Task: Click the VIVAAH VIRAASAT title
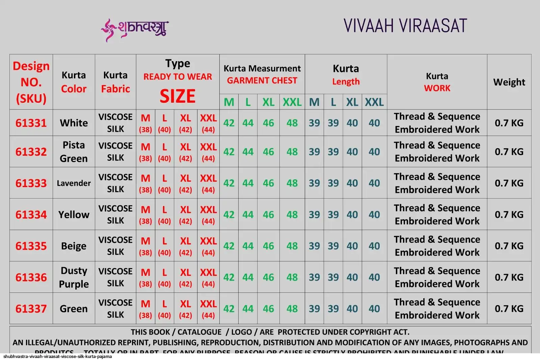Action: point(405,26)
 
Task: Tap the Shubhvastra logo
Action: point(135,29)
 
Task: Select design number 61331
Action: point(31,123)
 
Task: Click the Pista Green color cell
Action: point(74,152)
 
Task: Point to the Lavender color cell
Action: point(74,183)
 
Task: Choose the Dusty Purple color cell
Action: point(74,277)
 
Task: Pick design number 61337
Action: point(31,309)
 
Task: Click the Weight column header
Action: point(509,82)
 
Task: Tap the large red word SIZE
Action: point(178,96)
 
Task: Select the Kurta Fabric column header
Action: point(115,82)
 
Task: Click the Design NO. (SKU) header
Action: point(31,82)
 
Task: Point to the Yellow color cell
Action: point(74,214)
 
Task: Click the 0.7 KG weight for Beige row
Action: point(509,246)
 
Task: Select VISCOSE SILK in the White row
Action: point(115,123)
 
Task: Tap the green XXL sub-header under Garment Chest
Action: point(292,102)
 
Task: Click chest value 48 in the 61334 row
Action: point(292,214)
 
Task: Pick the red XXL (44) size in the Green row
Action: point(208,309)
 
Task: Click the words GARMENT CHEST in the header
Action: point(262,81)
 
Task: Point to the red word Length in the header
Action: point(346,82)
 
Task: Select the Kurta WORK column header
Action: point(437,82)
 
